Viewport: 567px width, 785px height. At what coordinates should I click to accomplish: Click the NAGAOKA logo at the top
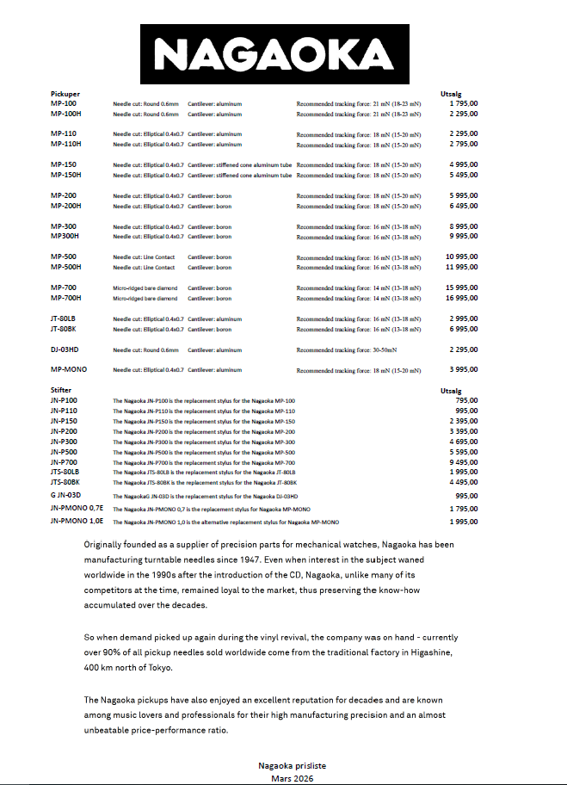point(282,54)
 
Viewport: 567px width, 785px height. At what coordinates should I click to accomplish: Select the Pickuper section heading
point(65,93)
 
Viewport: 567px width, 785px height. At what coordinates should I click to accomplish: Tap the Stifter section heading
point(61,390)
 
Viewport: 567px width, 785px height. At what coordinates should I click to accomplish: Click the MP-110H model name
point(66,144)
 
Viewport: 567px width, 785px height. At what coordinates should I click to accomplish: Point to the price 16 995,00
point(462,298)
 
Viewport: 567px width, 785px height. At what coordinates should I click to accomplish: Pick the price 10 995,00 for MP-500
point(462,257)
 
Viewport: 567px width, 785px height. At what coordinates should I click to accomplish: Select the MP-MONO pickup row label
point(69,369)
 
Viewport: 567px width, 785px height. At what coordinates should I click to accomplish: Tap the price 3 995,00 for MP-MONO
point(464,369)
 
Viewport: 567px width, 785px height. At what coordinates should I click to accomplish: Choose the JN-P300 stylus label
point(64,442)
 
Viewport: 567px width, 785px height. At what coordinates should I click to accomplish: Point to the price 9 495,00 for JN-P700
point(464,462)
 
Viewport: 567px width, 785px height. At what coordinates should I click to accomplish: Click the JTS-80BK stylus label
point(65,483)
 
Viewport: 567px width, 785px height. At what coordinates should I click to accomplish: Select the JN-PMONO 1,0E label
point(77,522)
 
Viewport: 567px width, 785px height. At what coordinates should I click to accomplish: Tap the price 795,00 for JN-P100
point(467,400)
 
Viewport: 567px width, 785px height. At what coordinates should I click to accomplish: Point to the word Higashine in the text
point(435,652)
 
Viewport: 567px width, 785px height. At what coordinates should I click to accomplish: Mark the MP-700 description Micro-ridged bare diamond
point(145,287)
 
